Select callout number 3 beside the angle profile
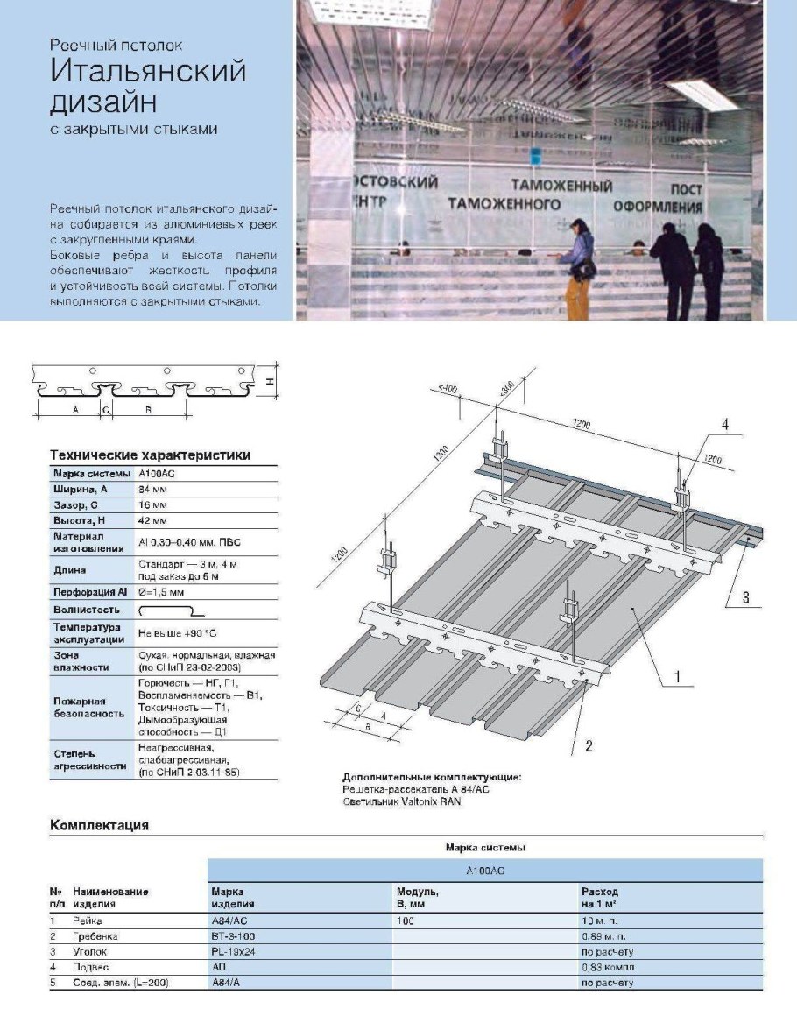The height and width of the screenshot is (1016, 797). pyautogui.click(x=745, y=597)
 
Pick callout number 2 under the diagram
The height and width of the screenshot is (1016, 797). pyautogui.click(x=589, y=746)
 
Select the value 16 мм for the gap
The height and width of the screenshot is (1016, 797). pyautogui.click(x=152, y=506)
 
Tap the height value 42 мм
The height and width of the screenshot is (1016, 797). pyautogui.click(x=152, y=522)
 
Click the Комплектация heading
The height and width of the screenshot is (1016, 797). pyautogui.click(x=99, y=825)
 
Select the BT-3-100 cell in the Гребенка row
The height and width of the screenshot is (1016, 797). pyautogui.click(x=234, y=936)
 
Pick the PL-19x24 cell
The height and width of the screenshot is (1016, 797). pyautogui.click(x=234, y=951)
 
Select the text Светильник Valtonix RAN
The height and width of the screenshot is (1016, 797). pyautogui.click(x=401, y=801)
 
